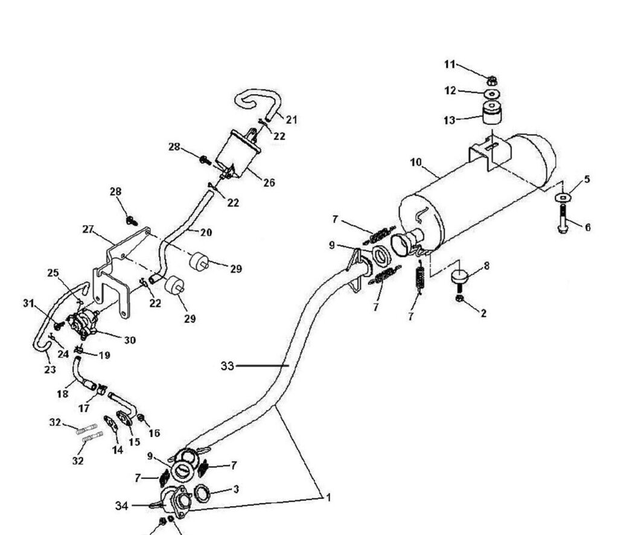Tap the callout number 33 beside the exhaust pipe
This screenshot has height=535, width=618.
tap(228, 365)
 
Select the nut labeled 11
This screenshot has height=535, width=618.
tap(491, 79)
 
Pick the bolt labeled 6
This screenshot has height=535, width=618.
tap(562, 220)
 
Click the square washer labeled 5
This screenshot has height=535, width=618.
tap(562, 197)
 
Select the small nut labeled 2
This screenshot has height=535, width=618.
tap(459, 299)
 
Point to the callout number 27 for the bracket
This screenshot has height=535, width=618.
tap(88, 229)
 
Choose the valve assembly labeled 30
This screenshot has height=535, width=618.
tap(82, 323)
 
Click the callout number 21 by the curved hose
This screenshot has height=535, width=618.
tap(291, 120)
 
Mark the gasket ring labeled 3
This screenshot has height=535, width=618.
tap(203, 494)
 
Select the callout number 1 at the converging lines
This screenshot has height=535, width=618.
tap(329, 498)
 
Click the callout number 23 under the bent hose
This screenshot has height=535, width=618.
tap(50, 370)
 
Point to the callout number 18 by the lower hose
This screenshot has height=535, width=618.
tap(63, 394)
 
